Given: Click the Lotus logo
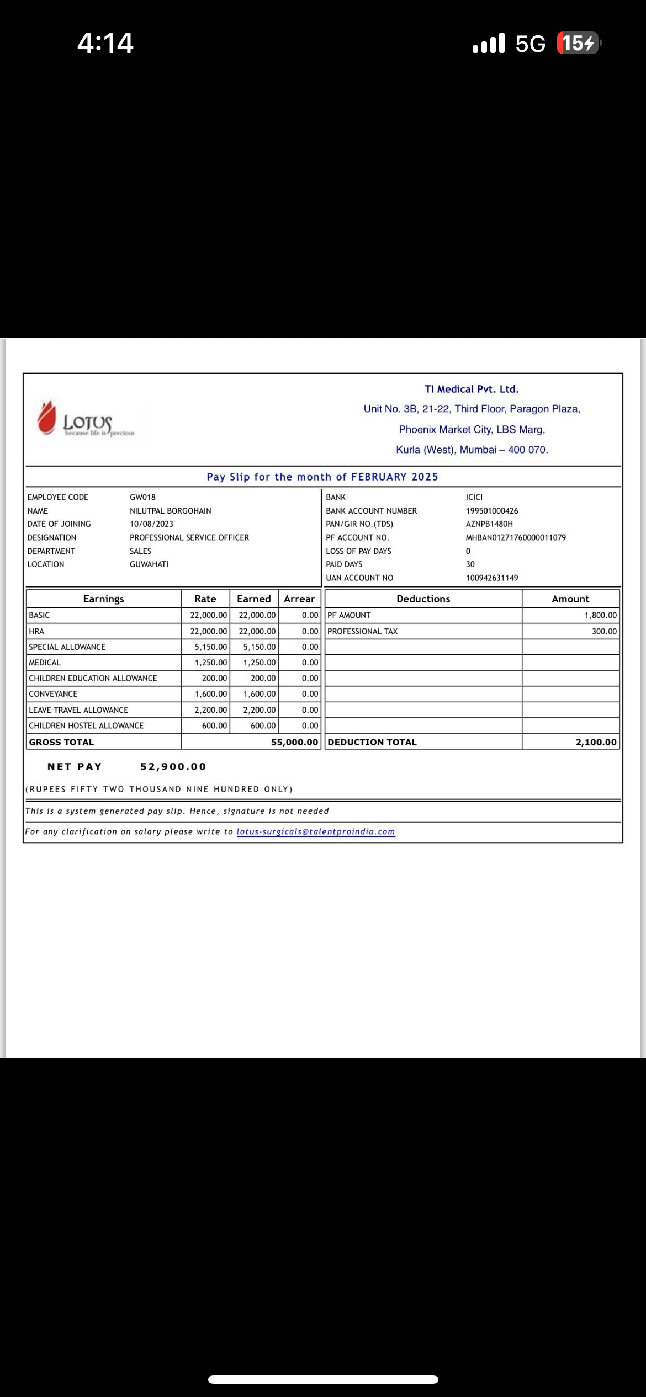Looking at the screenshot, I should pos(86,421).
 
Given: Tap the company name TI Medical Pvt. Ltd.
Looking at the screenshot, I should pos(472,389).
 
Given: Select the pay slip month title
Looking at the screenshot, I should pos(322,477).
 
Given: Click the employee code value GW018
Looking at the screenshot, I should pos(142,497).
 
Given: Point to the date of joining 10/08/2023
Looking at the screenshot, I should pos(151,524).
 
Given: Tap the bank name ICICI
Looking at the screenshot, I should pos(474,497).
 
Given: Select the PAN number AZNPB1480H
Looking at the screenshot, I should pos(489,524).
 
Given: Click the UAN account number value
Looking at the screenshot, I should pos(492,578).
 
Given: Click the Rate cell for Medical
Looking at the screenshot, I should pos(210,663).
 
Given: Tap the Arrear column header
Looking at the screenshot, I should pos(299,599).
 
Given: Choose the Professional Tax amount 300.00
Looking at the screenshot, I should pos(604,631).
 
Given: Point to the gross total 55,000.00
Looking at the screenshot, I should pos(294,742).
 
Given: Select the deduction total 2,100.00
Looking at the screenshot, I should pos(596,742).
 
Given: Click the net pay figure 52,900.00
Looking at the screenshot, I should pos(173,766).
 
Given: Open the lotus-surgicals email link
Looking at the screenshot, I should pos(316,831).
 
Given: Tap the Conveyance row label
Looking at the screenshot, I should pos(53,694).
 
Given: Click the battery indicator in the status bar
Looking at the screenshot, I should pos(578,43).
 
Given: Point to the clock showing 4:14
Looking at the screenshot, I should pos(105,43).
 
